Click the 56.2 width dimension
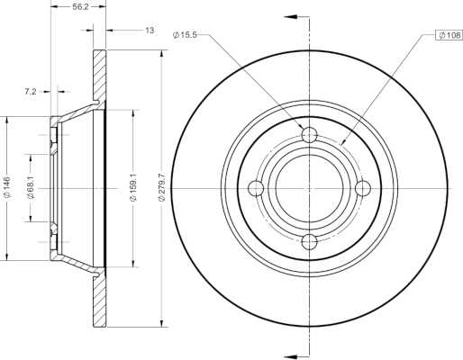80,6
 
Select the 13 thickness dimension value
150,31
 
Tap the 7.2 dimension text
30,92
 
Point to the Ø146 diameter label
6,187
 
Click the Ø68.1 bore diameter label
31,188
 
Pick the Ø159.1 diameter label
133,187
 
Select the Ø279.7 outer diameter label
162,187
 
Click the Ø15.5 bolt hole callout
185,35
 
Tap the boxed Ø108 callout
449,35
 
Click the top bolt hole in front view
309,135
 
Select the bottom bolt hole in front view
309,242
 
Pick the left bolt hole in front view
256,188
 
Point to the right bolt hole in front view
363,188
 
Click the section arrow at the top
296,17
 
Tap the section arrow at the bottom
296,356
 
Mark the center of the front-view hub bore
309,188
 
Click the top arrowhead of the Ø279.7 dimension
162,54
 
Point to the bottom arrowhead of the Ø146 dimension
6,256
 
